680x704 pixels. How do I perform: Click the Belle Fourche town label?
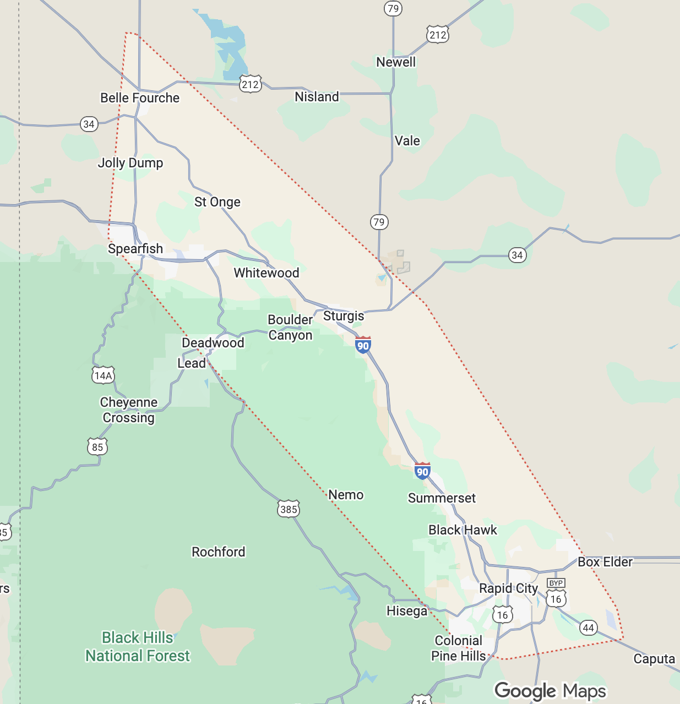pos(140,98)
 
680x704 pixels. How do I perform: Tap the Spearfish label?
pos(135,249)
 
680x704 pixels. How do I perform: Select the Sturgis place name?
pos(344,316)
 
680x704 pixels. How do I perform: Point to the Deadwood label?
pos(213,343)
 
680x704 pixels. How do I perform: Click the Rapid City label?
pos(508,588)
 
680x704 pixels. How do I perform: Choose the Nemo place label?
pos(346,495)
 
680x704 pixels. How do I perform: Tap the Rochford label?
pos(219,552)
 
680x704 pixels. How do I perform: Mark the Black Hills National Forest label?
pos(138,647)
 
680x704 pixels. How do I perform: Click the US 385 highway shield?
pos(289,509)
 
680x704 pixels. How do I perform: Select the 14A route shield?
pos(103,375)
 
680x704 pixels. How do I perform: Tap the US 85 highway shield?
pos(97,446)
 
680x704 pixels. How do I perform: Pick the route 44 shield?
pos(589,627)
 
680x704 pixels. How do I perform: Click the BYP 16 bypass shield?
pos(556,593)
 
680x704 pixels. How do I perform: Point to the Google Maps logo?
pos(550,691)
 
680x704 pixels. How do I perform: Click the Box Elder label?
pos(605,562)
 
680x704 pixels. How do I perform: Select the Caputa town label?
pos(654,659)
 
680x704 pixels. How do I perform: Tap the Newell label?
pos(396,62)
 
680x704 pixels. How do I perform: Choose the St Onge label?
pos(217,202)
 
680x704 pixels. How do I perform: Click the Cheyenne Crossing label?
pos(129,410)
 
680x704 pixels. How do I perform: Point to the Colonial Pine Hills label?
pos(459,648)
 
